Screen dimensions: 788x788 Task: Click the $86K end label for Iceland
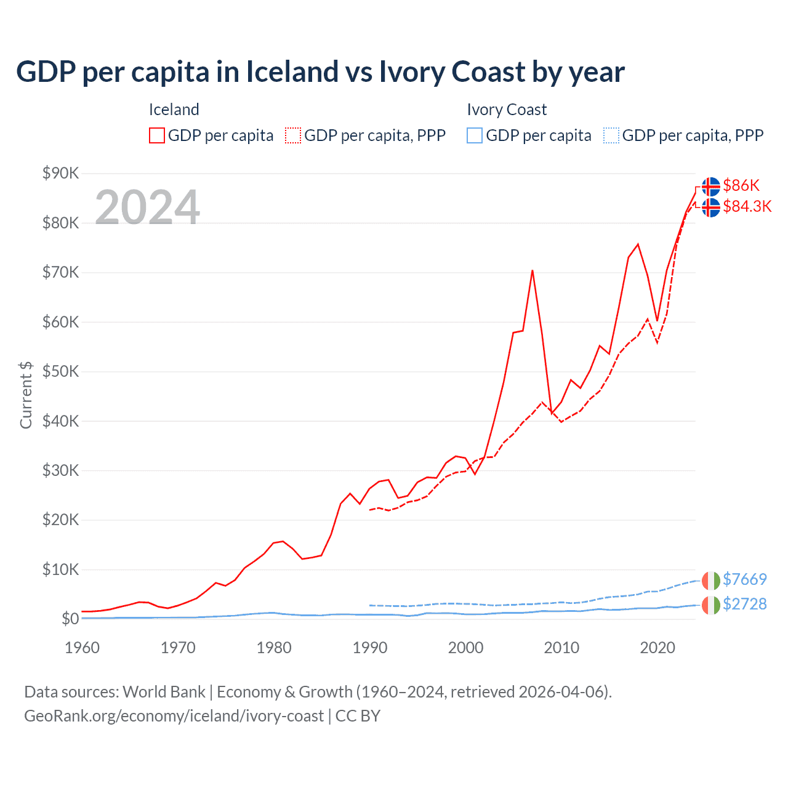point(741,185)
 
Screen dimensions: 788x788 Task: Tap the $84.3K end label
point(747,206)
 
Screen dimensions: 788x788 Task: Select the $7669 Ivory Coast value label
point(744,579)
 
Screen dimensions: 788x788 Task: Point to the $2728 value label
point(744,604)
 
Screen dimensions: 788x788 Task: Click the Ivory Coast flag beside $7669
point(711,580)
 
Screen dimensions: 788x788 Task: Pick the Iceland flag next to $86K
point(711,186)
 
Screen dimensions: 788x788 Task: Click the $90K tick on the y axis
point(60,173)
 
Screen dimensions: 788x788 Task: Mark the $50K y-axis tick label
point(60,371)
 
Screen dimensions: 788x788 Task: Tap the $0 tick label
point(70,619)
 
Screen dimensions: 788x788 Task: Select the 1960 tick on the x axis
point(82,648)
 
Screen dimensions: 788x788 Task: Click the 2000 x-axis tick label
point(465,648)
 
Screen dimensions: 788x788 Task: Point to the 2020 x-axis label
point(657,648)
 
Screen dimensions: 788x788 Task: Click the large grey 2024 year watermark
point(147,207)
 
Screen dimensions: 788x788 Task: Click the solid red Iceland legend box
point(157,135)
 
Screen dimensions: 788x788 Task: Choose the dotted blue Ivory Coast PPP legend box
point(611,135)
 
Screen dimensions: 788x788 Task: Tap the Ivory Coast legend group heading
point(507,110)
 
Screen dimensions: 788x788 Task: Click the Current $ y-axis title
point(26,395)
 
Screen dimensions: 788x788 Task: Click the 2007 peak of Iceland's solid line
point(533,270)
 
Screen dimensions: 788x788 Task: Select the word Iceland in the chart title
point(292,72)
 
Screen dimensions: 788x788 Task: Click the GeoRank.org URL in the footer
point(174,716)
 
